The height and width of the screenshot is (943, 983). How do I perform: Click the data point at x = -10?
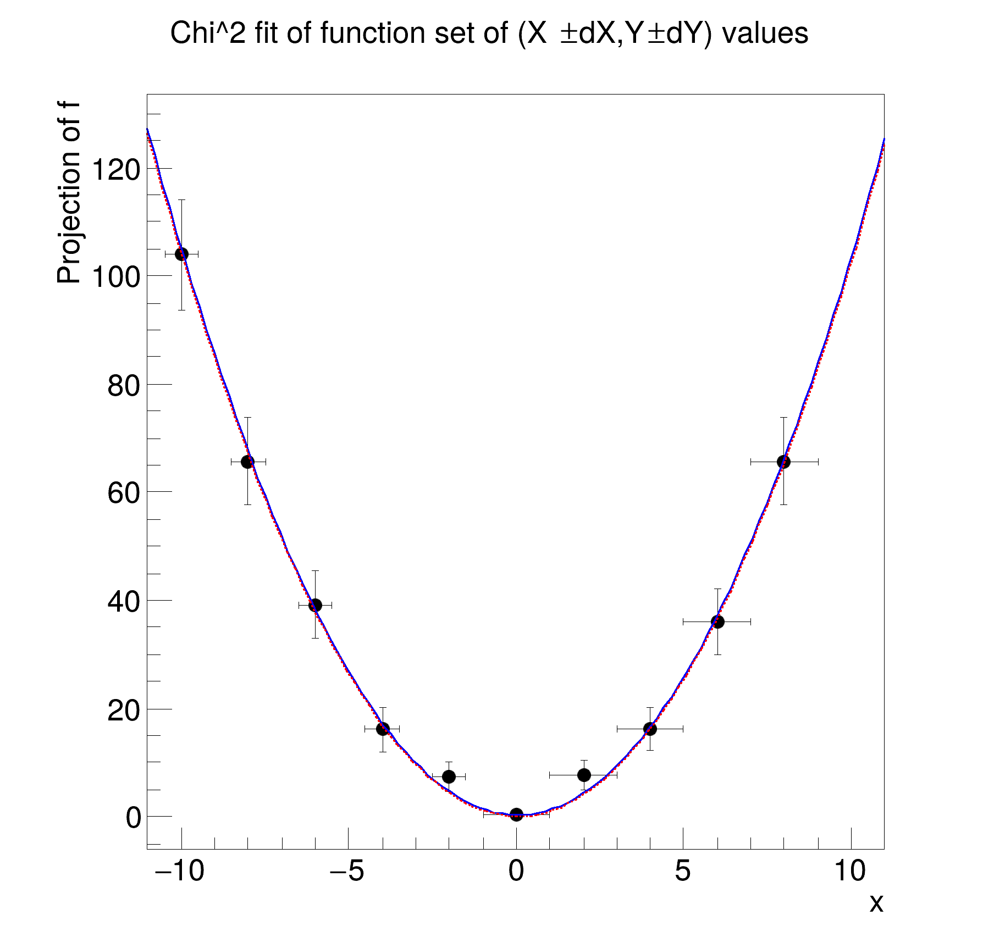[181, 254]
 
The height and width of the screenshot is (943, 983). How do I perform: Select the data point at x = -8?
[248, 462]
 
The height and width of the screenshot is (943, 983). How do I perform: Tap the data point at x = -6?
[315, 605]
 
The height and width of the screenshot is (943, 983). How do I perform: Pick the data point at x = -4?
[383, 729]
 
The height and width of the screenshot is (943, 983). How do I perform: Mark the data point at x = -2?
[449, 776]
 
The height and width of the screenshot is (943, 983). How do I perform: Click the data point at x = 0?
[516, 814]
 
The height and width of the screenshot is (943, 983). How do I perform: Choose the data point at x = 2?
[584, 775]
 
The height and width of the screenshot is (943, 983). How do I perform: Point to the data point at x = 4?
[650, 729]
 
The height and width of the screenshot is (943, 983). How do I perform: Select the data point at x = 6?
[717, 622]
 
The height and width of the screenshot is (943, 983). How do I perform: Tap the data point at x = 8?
[783, 462]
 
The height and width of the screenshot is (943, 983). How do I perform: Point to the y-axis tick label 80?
[123, 386]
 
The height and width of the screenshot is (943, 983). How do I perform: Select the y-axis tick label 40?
[123, 602]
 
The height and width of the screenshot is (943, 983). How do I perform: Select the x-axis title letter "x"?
[876, 903]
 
